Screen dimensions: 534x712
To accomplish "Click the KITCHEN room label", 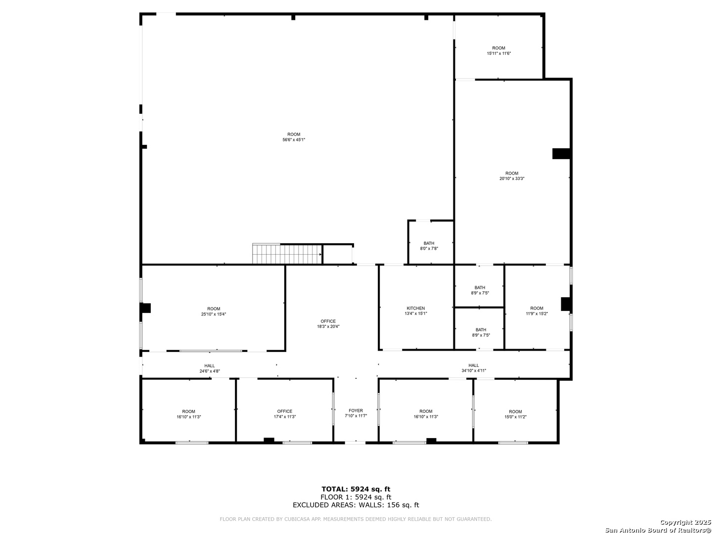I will click(415, 308).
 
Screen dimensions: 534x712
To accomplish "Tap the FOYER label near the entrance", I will click(356, 410).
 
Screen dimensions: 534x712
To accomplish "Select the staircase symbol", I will click(287, 254).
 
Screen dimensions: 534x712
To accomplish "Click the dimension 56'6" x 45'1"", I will click(294, 140).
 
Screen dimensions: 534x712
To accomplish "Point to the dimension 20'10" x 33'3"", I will click(512, 178).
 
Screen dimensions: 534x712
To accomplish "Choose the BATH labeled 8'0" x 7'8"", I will click(429, 243).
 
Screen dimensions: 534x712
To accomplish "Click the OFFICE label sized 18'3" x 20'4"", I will click(328, 321).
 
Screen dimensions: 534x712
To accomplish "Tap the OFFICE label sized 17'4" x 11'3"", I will click(284, 411).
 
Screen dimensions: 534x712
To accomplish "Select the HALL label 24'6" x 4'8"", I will click(210, 366).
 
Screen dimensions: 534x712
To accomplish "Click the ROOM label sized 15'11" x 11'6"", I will click(498, 48).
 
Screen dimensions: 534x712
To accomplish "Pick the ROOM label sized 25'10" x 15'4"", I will click(214, 309).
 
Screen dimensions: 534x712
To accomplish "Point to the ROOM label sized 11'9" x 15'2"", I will click(536, 308).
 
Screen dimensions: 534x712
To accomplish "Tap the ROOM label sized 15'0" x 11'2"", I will click(515, 411).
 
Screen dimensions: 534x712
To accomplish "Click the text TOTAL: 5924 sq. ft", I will click(356, 489).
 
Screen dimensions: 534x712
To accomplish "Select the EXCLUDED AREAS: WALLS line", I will click(356, 505).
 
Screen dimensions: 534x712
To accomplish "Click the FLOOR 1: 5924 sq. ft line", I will click(356, 497).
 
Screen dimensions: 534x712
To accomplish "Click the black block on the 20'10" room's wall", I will click(561, 154).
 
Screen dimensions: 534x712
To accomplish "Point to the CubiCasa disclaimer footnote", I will click(356, 519).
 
